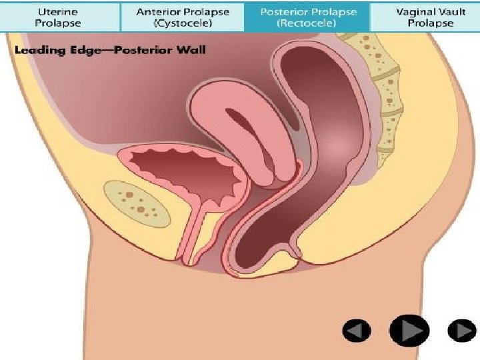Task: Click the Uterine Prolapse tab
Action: click(59, 17)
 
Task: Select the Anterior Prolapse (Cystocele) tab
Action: click(183, 17)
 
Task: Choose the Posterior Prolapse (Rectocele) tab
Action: click(307, 17)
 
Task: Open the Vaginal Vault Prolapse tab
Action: click(425, 17)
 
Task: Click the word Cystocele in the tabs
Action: click(183, 23)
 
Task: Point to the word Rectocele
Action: click(307, 23)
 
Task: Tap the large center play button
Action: click(409, 329)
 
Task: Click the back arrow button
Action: click(357, 330)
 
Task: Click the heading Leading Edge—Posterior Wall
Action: click(111, 49)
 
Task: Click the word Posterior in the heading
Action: click(147, 49)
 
